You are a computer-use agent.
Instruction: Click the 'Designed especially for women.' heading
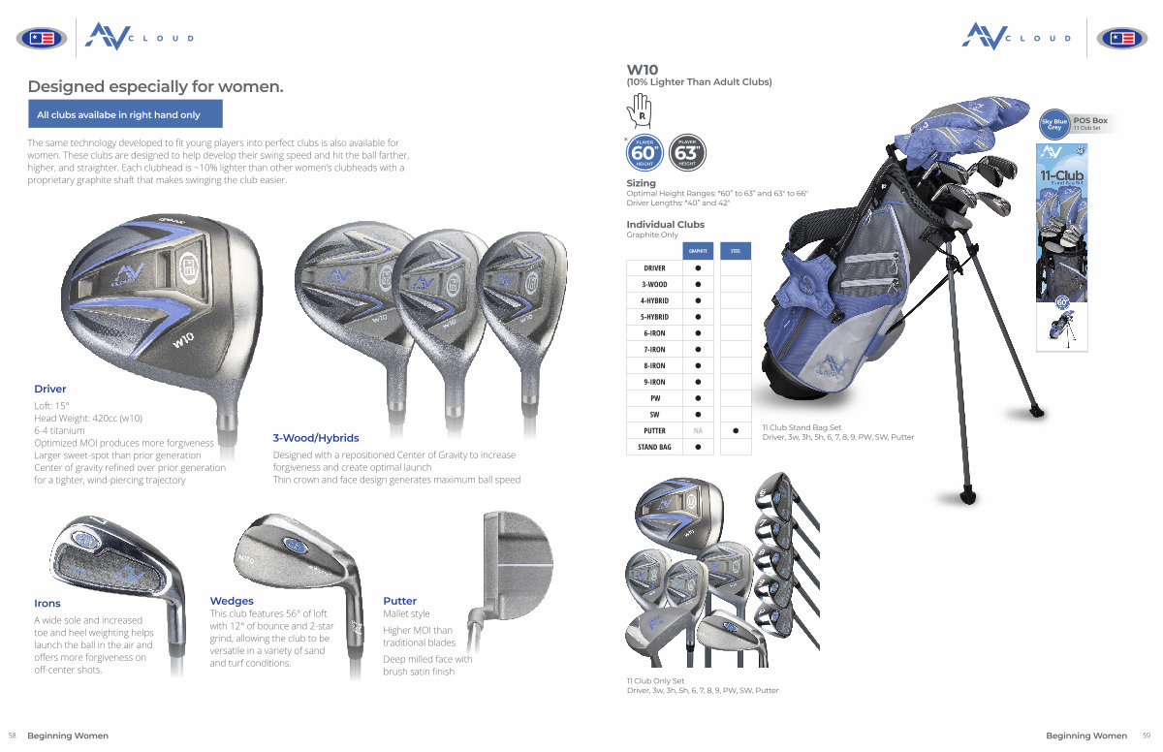(x=155, y=86)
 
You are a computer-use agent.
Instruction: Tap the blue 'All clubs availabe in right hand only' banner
(x=125, y=114)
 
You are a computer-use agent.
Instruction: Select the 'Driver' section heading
(x=50, y=389)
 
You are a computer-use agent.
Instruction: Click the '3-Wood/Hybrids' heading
(x=315, y=438)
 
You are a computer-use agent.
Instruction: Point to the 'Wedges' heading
(x=232, y=601)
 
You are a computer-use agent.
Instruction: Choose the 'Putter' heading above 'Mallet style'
(x=399, y=601)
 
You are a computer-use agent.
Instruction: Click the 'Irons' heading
(x=47, y=603)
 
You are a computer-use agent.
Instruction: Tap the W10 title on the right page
(x=643, y=69)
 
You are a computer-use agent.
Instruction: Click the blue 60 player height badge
(x=644, y=152)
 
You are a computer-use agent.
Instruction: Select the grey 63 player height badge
(x=686, y=152)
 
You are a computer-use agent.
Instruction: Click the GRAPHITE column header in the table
(x=697, y=251)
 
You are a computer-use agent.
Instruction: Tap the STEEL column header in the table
(x=736, y=251)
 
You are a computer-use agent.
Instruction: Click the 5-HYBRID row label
(x=654, y=317)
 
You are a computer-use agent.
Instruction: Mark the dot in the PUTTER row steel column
(x=736, y=430)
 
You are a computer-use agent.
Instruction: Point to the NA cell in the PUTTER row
(x=697, y=430)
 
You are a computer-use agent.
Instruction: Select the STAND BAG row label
(x=654, y=447)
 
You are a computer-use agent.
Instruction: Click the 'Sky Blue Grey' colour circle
(x=1053, y=124)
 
